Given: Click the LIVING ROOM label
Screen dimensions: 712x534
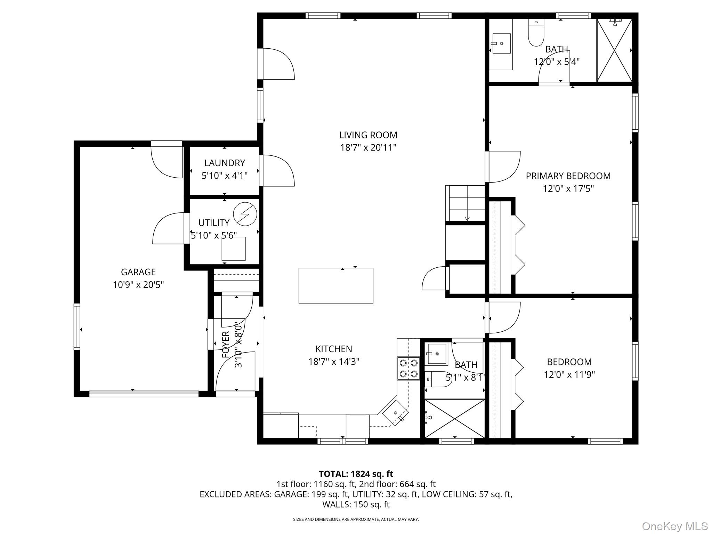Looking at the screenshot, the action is (x=368, y=135).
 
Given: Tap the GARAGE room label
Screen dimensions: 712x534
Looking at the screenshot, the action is (x=138, y=272).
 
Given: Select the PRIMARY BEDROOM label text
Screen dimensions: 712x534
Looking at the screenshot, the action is (x=568, y=176).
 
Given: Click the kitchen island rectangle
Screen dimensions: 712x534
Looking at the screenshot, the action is (x=336, y=285).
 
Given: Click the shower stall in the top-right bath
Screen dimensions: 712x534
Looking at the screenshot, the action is (x=614, y=50).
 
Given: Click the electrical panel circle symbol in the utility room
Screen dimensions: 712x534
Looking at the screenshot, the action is (x=245, y=214).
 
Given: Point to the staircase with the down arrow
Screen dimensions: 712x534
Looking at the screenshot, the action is (x=465, y=203).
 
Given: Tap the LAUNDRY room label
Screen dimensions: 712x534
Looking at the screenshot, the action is (x=225, y=163).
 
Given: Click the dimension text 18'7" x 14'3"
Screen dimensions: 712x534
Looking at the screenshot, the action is (x=334, y=362).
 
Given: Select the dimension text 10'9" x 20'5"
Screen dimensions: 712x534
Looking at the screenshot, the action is (x=138, y=285).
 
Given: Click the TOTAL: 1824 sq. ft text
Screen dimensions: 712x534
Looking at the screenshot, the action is (x=356, y=474).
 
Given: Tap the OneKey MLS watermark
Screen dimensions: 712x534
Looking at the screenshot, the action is (x=675, y=526).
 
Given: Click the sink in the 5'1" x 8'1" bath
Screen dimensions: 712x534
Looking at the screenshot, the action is (x=437, y=354).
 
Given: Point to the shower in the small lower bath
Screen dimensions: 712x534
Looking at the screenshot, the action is (x=454, y=419).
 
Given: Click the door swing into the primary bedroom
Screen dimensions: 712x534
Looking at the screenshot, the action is (x=504, y=167).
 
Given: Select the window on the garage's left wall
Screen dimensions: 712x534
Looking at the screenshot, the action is (x=77, y=326).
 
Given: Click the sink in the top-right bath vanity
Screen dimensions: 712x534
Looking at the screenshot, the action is (x=501, y=43).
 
